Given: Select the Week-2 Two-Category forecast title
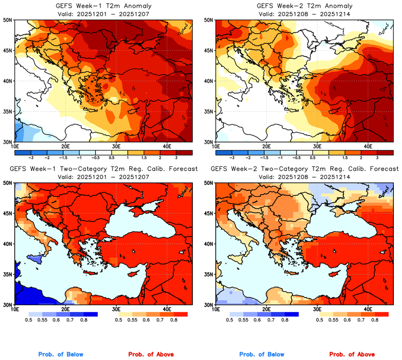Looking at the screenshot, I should click(x=304, y=169).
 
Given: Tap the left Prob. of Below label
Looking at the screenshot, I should click(x=61, y=355).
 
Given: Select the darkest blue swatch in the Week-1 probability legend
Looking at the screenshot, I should click(x=90, y=314).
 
